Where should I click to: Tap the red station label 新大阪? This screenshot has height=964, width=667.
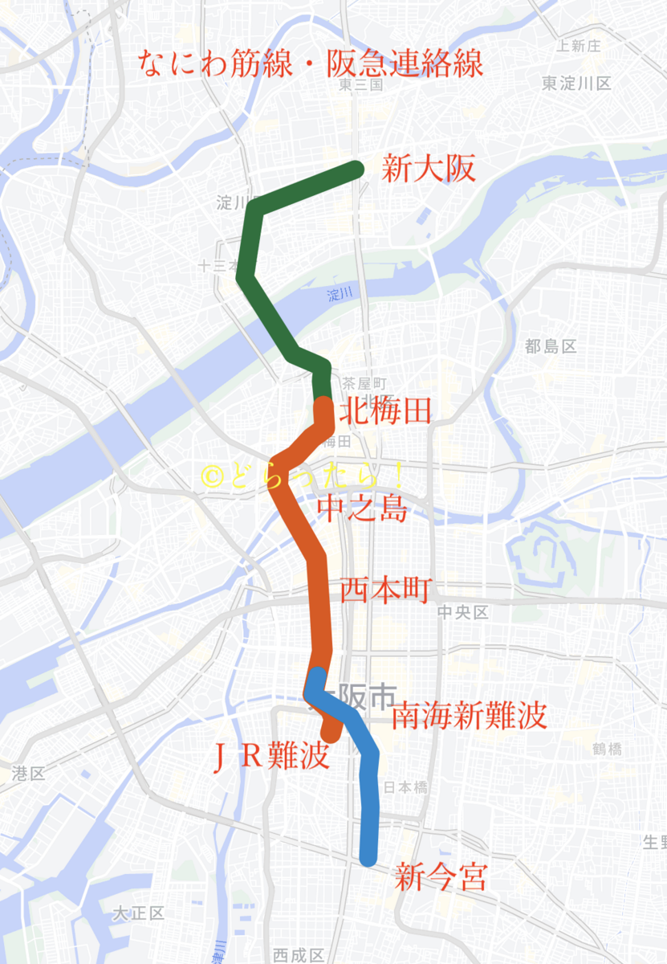point(429,170)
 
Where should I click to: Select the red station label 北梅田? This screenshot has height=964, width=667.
point(386,411)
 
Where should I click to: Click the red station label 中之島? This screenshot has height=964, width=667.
point(362,509)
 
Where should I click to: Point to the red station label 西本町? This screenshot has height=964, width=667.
point(386,590)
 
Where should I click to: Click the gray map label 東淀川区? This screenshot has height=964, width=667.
point(576,84)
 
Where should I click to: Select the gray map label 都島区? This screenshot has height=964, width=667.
point(551,347)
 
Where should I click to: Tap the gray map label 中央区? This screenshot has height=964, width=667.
point(463,613)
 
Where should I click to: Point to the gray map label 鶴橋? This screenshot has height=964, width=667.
point(608,750)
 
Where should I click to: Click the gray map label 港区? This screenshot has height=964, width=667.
point(29,774)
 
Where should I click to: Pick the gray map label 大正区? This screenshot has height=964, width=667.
point(138,913)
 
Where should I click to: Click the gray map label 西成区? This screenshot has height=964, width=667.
point(299,955)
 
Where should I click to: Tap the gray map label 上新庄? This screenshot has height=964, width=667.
point(579,46)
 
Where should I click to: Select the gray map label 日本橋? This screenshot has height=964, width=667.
point(405,787)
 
